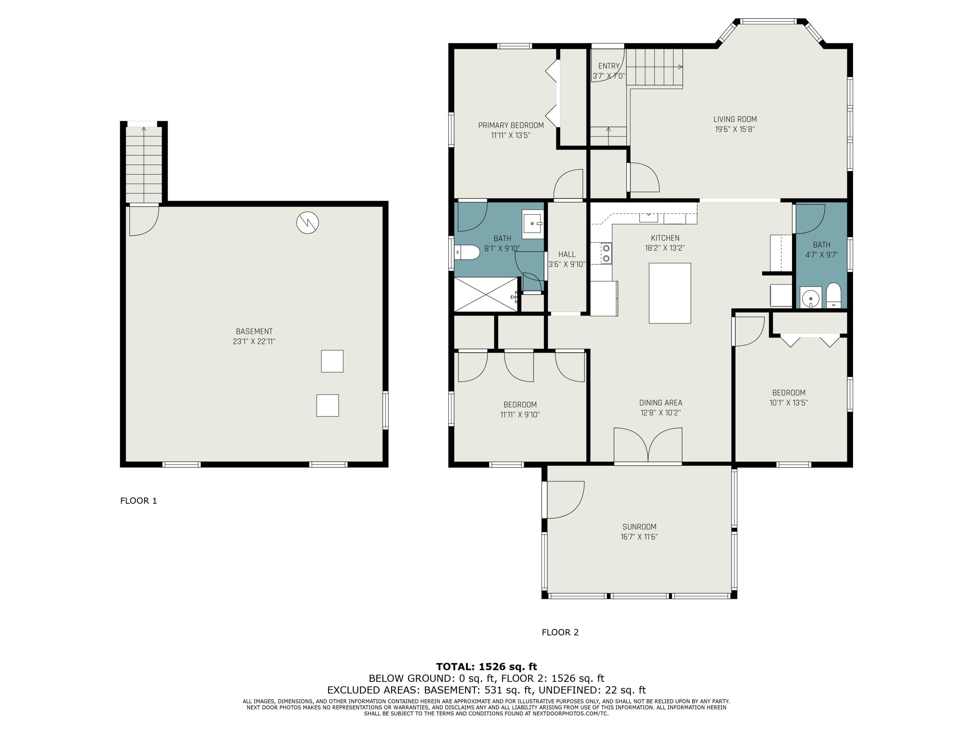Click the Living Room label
735,119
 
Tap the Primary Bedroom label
511,126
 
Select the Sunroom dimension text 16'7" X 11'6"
639,537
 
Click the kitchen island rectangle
669,293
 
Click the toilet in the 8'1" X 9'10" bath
467,253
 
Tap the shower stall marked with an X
486,294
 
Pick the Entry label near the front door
609,66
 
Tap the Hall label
567,254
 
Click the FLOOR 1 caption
138,501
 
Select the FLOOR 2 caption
560,632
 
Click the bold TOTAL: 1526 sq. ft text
486,667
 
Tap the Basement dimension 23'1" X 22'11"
254,341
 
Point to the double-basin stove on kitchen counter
606,253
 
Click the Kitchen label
665,238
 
